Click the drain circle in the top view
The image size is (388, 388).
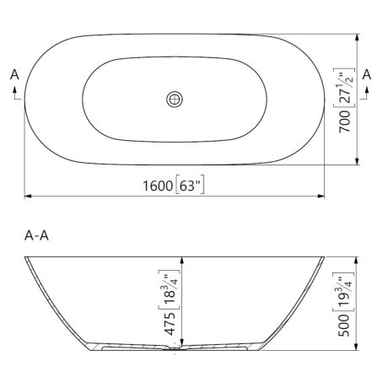(175, 100)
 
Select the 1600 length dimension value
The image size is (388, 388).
(158, 186)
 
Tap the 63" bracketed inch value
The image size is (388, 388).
(190, 186)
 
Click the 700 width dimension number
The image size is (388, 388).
(345, 121)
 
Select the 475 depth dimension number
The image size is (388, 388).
(170, 324)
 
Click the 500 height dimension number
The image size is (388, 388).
(343, 326)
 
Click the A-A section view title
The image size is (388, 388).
(36, 235)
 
